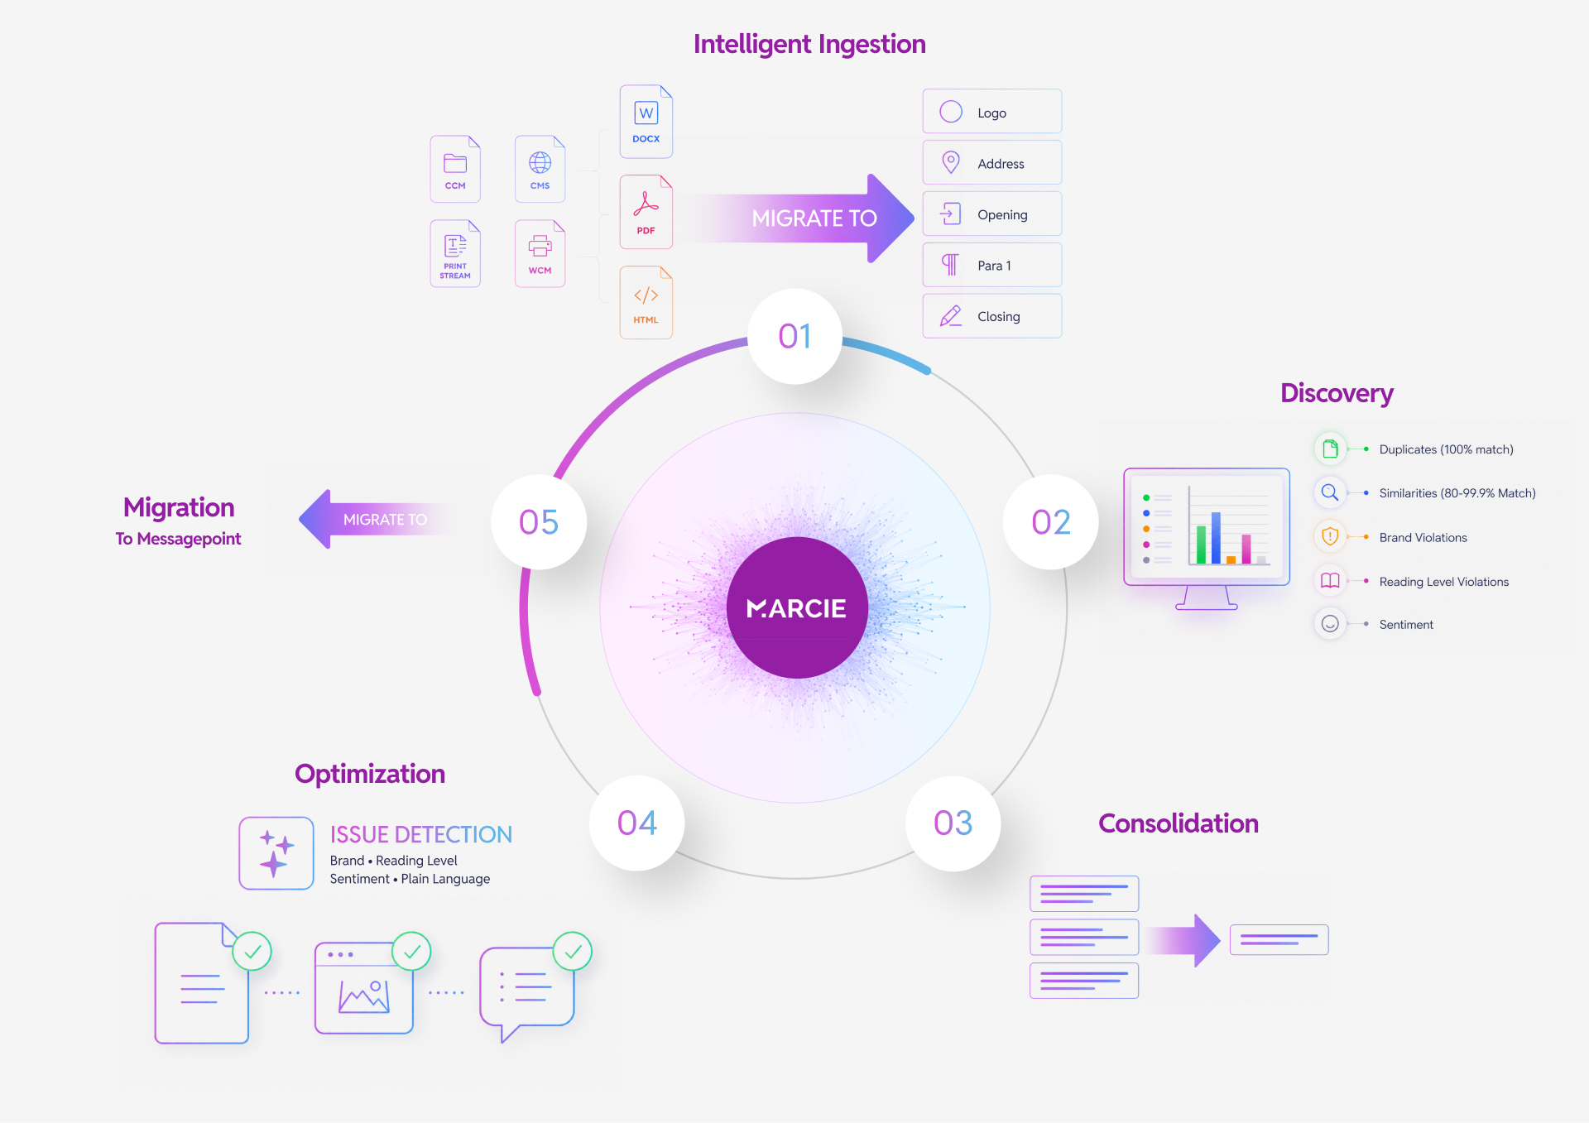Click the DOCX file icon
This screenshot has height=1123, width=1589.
tap(646, 122)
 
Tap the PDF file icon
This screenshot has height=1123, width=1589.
tap(646, 212)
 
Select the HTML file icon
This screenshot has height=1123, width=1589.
tap(646, 302)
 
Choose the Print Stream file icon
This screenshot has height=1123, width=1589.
tap(455, 253)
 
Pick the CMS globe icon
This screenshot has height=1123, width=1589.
tap(540, 163)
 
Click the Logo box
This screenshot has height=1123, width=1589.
tap(992, 111)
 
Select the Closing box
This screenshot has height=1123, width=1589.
tap(992, 316)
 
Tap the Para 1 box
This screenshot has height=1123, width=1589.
tap(992, 265)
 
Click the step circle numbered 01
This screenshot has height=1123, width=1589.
tap(795, 336)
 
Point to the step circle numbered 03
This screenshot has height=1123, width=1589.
tap(953, 823)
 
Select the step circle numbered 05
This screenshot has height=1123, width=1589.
tap(539, 522)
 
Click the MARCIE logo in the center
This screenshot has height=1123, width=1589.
tap(797, 608)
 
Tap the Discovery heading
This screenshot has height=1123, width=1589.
tap(1337, 393)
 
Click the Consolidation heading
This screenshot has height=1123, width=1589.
tap(1179, 823)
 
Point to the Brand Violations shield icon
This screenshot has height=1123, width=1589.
tap(1330, 536)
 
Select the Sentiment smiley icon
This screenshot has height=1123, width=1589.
tap(1330, 624)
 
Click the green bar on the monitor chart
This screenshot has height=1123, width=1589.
tap(1201, 545)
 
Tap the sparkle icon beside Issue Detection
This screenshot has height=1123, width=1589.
tap(276, 853)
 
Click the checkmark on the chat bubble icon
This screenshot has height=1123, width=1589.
tap(573, 952)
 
